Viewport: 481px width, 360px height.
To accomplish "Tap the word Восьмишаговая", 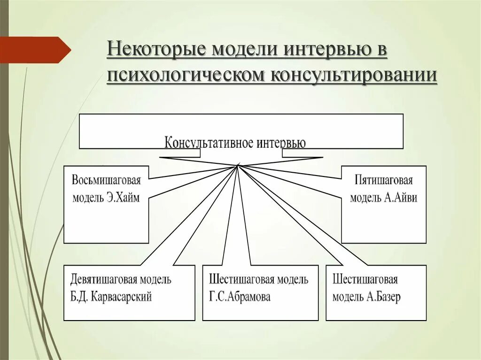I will coord(106,180).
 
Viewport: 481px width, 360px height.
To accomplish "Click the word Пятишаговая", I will coord(384,180).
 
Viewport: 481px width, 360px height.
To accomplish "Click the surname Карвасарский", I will coord(121,297).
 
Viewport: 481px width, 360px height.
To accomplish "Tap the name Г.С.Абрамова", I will coord(240,297).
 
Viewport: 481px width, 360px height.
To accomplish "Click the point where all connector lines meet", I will coord(238,166).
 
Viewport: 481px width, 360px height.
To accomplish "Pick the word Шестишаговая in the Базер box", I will coord(365,280).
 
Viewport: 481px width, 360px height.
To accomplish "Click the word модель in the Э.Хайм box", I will coord(88,197).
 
